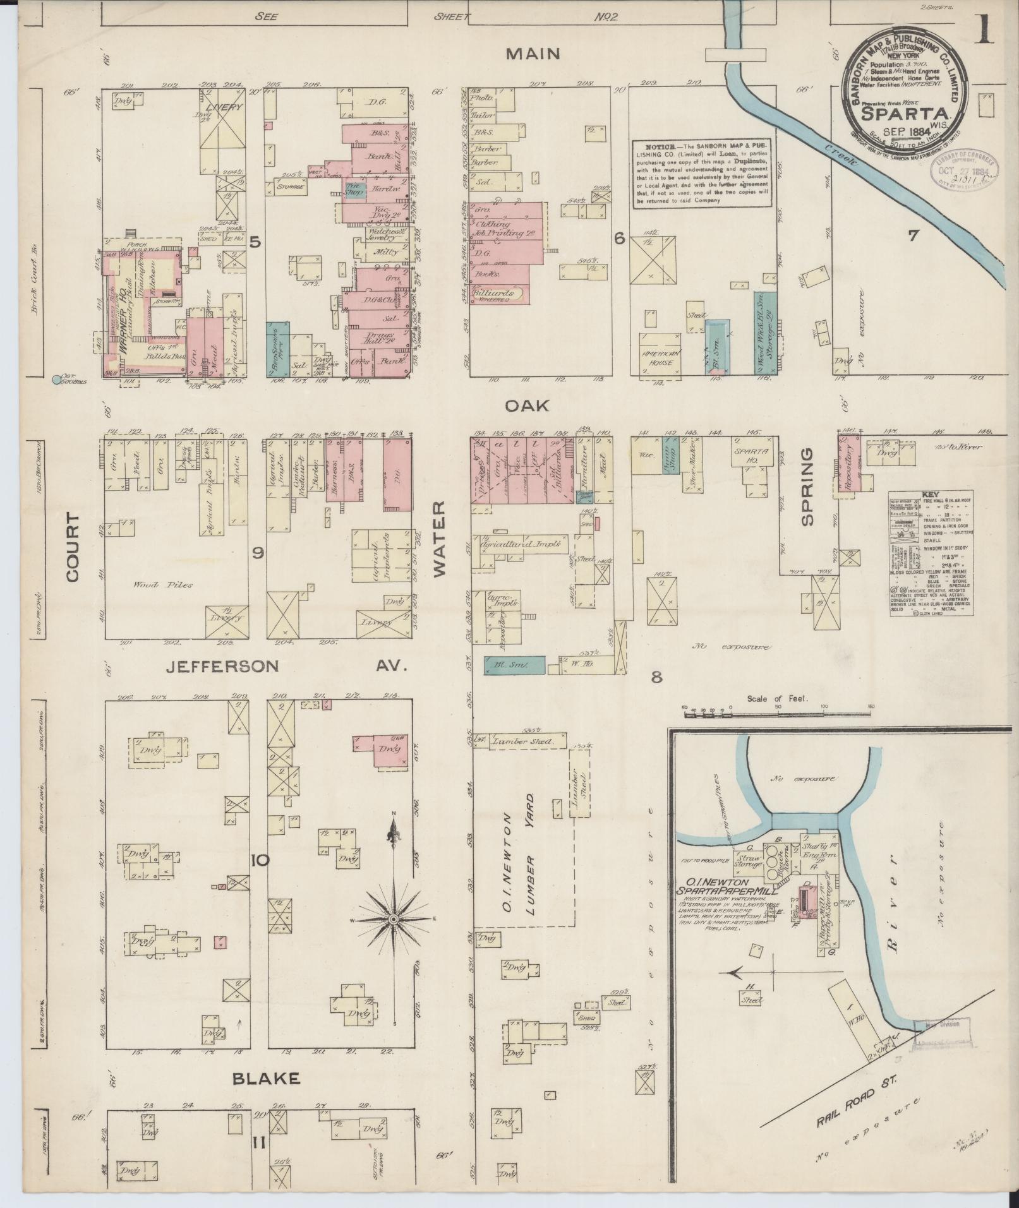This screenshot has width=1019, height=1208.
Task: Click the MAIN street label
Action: (533, 54)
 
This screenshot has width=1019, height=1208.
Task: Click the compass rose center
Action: (393, 919)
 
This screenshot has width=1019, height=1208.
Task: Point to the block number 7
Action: (913, 236)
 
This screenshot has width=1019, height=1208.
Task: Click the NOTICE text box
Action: (703, 173)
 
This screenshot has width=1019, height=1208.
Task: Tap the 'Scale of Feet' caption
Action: (777, 699)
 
